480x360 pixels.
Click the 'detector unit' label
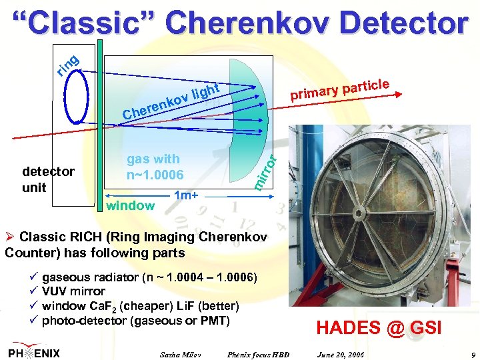click(x=48, y=179)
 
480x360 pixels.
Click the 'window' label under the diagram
click(x=130, y=206)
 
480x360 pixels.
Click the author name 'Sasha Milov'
click(x=181, y=353)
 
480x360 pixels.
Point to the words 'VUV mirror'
click(x=73, y=291)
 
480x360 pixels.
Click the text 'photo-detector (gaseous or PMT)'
click(x=135, y=321)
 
